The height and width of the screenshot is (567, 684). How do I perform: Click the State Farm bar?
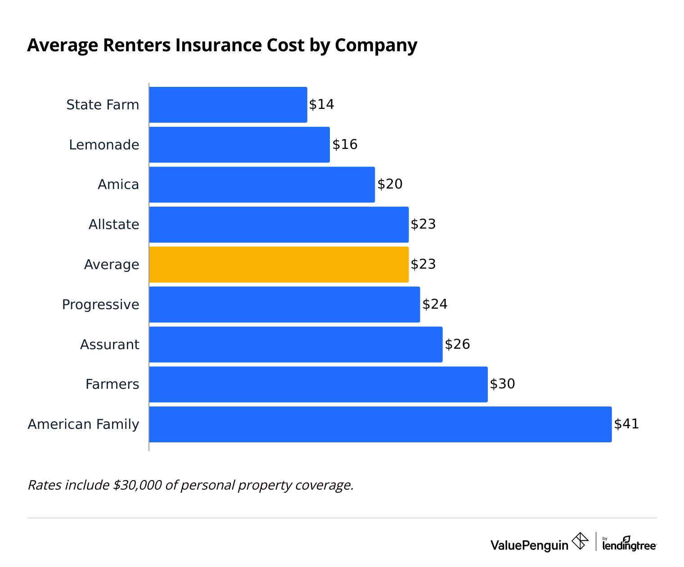click(228, 105)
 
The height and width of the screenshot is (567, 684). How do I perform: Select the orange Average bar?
click(279, 265)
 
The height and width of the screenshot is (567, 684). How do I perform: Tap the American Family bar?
click(380, 424)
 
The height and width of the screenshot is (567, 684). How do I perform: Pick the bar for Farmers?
click(318, 384)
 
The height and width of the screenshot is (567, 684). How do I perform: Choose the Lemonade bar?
click(239, 145)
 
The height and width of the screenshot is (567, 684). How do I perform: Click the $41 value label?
click(626, 424)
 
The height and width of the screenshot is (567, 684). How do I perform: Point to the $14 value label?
click(321, 104)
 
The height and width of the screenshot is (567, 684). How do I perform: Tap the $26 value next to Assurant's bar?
click(457, 344)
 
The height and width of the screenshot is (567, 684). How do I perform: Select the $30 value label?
click(502, 384)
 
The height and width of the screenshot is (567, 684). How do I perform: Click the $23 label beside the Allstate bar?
click(423, 224)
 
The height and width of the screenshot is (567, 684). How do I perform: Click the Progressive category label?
click(100, 305)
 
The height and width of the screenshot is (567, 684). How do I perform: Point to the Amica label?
click(118, 184)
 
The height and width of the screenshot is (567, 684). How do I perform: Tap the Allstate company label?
click(114, 225)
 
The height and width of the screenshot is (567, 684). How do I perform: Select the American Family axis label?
click(83, 424)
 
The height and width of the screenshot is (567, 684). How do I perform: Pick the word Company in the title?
click(376, 45)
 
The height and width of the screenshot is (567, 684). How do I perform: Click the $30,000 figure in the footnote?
click(137, 485)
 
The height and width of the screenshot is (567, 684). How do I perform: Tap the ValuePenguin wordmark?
click(529, 545)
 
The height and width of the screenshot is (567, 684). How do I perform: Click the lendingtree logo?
click(629, 544)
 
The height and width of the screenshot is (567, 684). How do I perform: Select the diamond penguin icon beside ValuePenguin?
click(580, 541)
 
